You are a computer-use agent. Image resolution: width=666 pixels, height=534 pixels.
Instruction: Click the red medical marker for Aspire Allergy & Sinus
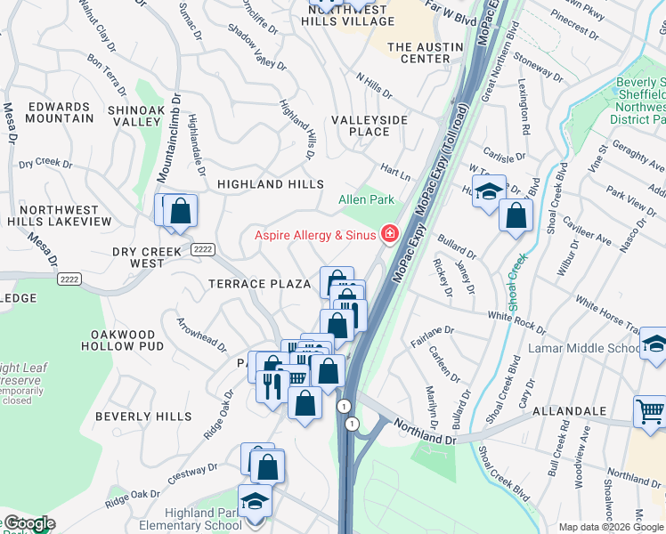pyautogui.click(x=389, y=234)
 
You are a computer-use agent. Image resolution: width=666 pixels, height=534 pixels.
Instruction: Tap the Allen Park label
pyautogui.click(x=366, y=200)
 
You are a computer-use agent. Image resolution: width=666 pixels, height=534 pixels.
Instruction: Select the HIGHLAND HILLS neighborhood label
pyautogui.click(x=271, y=184)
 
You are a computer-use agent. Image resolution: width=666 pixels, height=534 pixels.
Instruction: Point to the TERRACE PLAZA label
pyautogui.click(x=259, y=284)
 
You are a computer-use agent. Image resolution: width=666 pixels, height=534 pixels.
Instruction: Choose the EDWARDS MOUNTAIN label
pyautogui.click(x=60, y=112)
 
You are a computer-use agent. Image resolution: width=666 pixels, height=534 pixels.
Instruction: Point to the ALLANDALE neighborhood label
pyautogui.click(x=570, y=412)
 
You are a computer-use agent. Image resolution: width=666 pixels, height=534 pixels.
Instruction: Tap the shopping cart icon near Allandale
pyautogui.click(x=650, y=411)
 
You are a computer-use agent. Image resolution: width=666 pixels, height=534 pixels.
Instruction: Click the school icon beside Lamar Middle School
pyautogui.click(x=654, y=344)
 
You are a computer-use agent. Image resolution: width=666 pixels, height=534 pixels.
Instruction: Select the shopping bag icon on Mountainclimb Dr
pyautogui.click(x=180, y=210)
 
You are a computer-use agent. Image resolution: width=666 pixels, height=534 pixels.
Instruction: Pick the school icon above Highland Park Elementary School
pyautogui.click(x=255, y=499)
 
